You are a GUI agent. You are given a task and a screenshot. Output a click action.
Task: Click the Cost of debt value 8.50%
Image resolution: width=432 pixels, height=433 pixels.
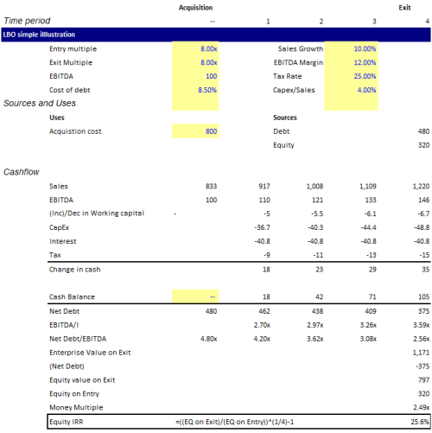pos(204,90)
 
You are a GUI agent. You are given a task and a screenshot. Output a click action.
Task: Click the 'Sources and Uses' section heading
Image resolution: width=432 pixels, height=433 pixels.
pos(40,104)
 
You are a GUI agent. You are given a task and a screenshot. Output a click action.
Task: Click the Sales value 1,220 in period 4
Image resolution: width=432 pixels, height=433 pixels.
pos(419,186)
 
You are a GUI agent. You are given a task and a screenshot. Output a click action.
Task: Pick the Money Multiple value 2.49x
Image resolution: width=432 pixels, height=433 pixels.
pos(418,406)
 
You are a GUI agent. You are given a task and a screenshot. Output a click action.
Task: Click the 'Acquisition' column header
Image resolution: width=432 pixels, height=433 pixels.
pos(195,7)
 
